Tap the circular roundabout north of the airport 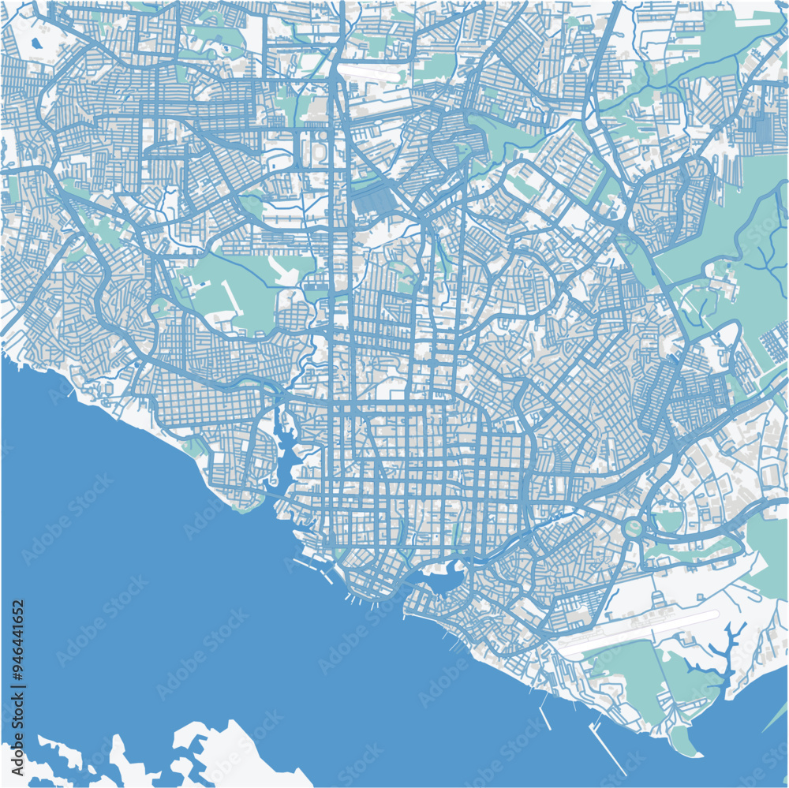[x=633, y=526]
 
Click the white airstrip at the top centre [x=371, y=70]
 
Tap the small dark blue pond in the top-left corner [x=36, y=43]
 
